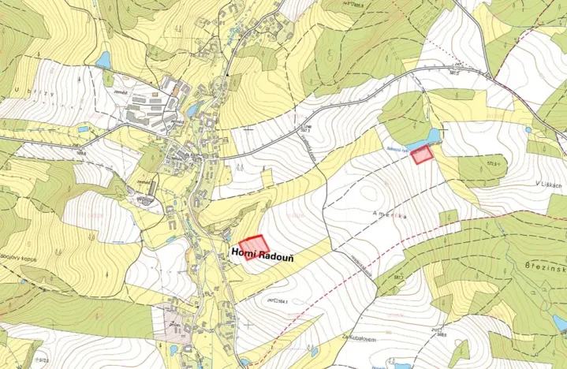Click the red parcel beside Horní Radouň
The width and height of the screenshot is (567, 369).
(255, 244)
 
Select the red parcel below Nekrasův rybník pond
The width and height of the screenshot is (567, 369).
(423, 155)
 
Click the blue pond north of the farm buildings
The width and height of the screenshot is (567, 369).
(103, 60)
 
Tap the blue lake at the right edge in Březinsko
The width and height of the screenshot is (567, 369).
(560, 322)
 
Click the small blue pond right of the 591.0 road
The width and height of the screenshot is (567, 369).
(528, 130)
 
